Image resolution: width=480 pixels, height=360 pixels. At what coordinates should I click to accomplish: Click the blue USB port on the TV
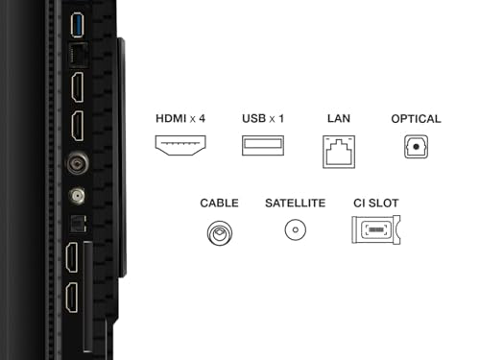(77, 25)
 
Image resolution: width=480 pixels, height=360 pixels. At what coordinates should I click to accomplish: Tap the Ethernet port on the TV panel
(79, 55)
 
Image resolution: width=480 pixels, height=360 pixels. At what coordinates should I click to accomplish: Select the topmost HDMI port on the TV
(78, 87)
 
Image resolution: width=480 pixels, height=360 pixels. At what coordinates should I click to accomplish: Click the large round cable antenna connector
(77, 163)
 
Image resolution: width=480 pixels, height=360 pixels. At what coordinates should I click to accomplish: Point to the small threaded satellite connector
(77, 196)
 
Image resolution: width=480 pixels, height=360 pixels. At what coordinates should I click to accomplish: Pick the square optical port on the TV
(78, 224)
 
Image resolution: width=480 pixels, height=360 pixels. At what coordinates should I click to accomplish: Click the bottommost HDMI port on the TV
(72, 298)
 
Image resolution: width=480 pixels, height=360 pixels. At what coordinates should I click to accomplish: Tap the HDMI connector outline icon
(180, 145)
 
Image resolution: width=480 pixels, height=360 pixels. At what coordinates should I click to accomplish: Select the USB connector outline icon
(263, 146)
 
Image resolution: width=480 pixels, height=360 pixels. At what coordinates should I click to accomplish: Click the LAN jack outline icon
(339, 152)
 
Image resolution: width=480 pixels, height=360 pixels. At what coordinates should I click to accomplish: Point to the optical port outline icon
(416, 147)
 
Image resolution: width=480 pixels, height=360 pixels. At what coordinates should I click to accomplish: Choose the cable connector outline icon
(220, 232)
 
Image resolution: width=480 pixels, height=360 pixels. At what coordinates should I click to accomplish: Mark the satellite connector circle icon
(296, 229)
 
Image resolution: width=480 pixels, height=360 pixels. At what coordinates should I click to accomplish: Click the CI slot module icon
(376, 229)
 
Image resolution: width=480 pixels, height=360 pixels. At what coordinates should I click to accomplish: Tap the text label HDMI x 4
(180, 119)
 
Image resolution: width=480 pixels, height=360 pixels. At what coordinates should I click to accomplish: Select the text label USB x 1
(263, 119)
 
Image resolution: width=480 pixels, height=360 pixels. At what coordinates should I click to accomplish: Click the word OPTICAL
(416, 119)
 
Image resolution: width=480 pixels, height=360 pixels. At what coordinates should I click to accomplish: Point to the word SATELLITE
(296, 204)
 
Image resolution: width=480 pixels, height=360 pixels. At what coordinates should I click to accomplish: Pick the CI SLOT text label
(376, 204)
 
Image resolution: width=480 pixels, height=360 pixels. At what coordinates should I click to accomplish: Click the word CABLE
(219, 204)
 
